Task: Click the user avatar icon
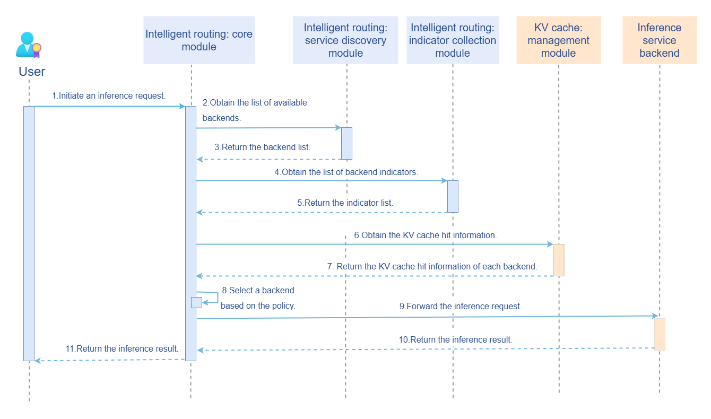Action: (28, 45)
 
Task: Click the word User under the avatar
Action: (32, 72)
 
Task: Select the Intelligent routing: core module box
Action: (199, 40)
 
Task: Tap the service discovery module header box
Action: (345, 40)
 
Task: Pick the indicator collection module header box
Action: (453, 40)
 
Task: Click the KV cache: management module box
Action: (558, 40)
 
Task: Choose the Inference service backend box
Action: (659, 40)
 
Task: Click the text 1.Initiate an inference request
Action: (109, 96)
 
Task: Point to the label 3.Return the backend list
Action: (262, 147)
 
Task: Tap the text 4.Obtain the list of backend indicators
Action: (346, 172)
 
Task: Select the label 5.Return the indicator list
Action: (345, 203)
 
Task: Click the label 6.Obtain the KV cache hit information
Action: (426, 235)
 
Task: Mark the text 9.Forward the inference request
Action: (461, 306)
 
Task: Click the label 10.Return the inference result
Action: (455, 339)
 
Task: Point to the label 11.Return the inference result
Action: (122, 348)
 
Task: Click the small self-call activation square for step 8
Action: (196, 302)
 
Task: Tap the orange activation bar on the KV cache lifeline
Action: (558, 260)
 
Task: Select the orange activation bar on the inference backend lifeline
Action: (660, 334)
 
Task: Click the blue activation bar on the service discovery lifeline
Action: (346, 143)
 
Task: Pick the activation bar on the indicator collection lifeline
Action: (453, 196)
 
